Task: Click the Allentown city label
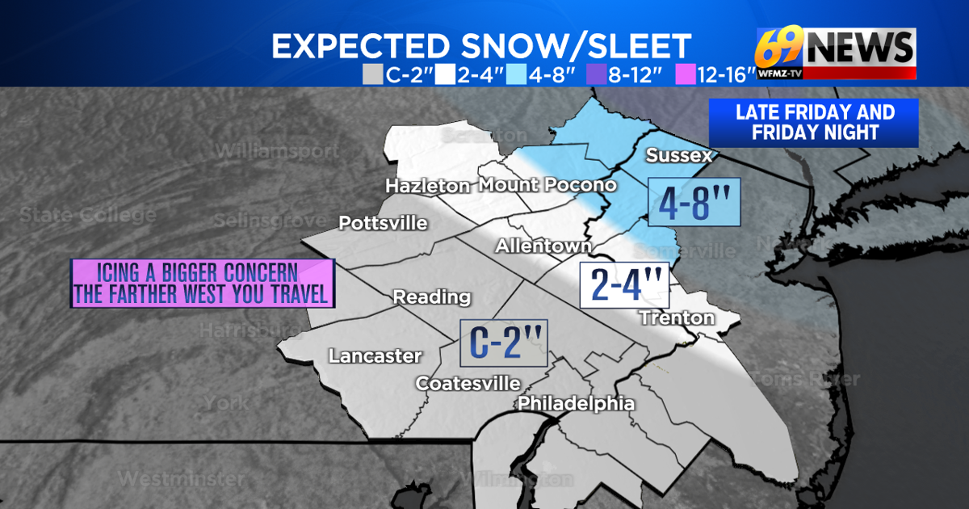[x=543, y=245]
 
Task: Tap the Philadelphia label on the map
[x=576, y=403]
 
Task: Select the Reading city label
[x=431, y=297]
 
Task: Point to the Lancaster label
[x=375, y=355]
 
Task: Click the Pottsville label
[x=383, y=223]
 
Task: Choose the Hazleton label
[x=427, y=186]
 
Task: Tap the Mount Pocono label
[x=547, y=185]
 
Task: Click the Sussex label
[x=679, y=155]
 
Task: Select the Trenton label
[x=677, y=318]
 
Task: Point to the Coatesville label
[x=468, y=383]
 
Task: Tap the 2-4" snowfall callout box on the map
[x=624, y=286]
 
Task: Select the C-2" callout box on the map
[x=503, y=342]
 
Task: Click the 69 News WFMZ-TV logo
[x=836, y=54]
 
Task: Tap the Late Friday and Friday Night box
[x=813, y=123]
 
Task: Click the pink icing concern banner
[x=202, y=284]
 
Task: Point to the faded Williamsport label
[x=276, y=151]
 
